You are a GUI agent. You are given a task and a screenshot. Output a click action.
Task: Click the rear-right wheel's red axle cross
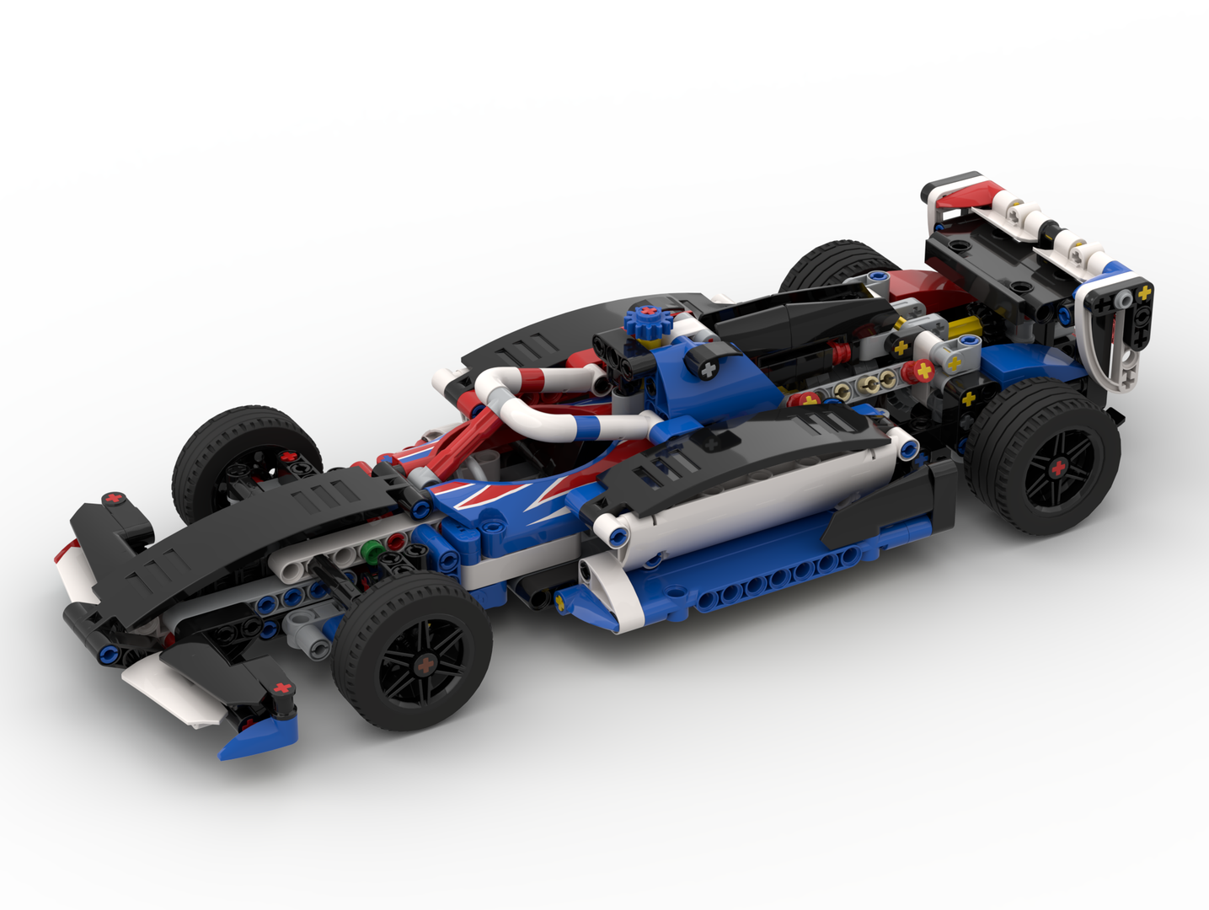click(1058, 468)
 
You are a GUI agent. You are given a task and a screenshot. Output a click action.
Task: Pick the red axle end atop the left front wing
click(115, 499)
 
